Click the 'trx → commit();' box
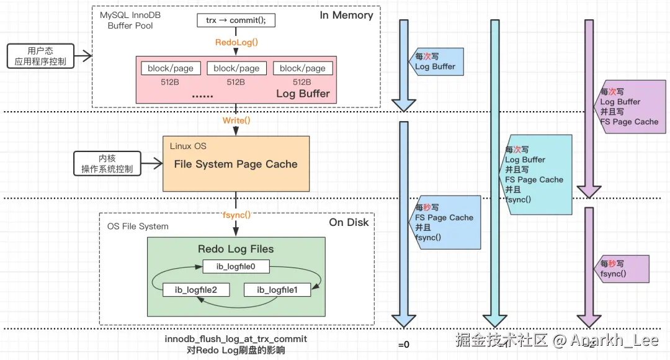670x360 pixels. pos(235,20)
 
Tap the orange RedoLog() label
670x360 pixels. pos(236,43)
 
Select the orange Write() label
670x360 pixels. pos(236,120)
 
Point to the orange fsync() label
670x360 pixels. pos(236,215)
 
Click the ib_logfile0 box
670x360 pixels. pos(236,267)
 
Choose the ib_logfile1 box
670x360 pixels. pos(277,290)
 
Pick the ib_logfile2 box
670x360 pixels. pos(194,290)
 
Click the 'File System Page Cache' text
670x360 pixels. pos(236,164)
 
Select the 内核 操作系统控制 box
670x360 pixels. pos(107,163)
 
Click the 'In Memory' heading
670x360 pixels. pos(347,16)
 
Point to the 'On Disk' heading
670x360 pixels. pos(349,222)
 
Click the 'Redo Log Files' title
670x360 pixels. pos(236,249)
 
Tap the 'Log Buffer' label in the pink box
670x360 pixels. pos(303,94)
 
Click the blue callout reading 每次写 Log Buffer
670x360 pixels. pos(439,61)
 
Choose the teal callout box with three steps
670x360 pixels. pos(537,174)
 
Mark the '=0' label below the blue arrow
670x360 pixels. pos(404,344)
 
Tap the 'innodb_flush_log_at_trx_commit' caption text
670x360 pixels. pos(236,340)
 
